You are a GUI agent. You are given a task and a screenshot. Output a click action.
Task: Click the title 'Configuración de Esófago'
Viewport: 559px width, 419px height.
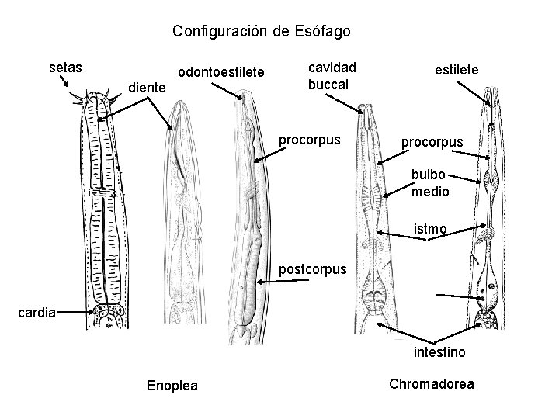pos(262,32)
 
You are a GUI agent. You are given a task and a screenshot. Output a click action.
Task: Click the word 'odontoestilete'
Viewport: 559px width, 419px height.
pos(221,73)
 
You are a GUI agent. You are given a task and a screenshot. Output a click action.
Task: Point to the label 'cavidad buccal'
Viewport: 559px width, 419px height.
pos(332,76)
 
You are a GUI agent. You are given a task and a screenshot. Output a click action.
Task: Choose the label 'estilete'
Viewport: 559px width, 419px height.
pos(457,71)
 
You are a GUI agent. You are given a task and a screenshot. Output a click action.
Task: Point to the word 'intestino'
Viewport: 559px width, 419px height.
pos(439,353)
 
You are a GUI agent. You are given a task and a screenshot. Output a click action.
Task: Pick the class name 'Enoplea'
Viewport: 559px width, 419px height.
pos(172,386)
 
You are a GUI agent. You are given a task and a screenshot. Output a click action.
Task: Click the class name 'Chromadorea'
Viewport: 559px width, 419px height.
pos(431,384)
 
